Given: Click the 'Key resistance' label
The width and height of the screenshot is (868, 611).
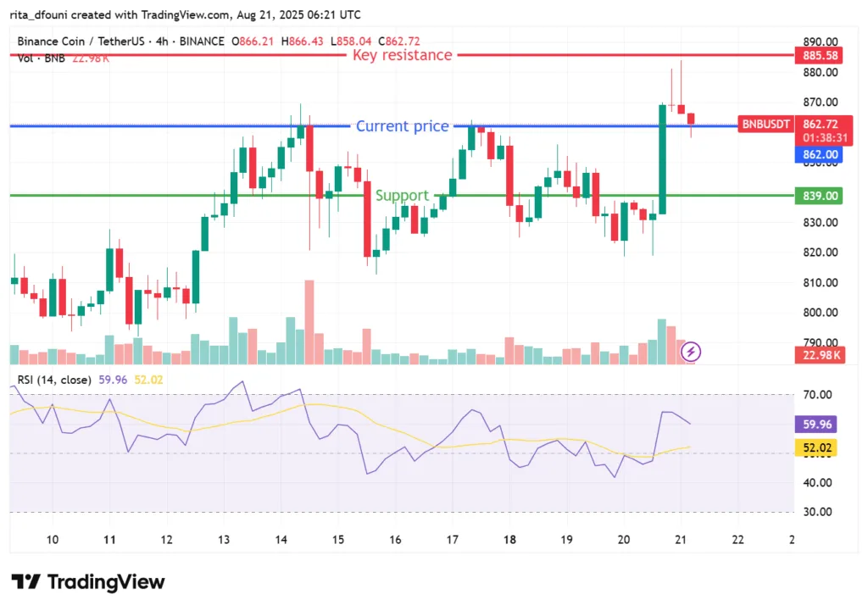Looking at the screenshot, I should point(403,55).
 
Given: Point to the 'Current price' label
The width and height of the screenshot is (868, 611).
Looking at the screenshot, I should point(402,126).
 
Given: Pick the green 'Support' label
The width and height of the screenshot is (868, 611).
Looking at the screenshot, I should point(402,196).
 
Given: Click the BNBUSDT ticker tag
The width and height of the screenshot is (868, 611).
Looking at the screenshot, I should point(765,125).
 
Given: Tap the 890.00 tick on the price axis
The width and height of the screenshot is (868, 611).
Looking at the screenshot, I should point(820,42).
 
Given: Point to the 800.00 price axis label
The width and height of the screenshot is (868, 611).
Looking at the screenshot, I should point(820,313).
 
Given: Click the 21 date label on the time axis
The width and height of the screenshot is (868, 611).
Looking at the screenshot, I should point(681,540).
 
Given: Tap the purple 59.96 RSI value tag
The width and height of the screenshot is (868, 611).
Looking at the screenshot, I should point(817,425).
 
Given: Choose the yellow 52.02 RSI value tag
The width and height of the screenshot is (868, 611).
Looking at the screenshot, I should point(817,450).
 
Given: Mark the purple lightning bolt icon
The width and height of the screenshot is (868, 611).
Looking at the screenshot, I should point(692,351).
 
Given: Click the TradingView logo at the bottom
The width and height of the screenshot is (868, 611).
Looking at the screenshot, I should point(88,582).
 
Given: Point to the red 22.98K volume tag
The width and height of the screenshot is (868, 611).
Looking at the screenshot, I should point(817,355).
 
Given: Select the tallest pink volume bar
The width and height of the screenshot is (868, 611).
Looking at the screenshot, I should point(309,322).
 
